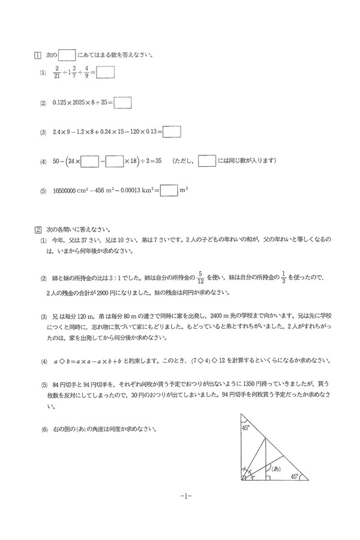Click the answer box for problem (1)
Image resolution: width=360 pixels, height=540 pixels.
(x=106, y=73)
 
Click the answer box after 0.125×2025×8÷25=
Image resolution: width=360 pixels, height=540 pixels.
(x=122, y=103)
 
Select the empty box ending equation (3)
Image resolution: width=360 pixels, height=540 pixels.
(x=172, y=131)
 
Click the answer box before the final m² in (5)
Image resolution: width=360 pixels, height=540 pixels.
(x=170, y=190)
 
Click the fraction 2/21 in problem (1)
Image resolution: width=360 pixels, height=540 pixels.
(x=56, y=73)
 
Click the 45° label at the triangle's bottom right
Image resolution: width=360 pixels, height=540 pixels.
(x=294, y=476)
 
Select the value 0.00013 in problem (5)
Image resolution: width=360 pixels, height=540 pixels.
(x=130, y=191)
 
